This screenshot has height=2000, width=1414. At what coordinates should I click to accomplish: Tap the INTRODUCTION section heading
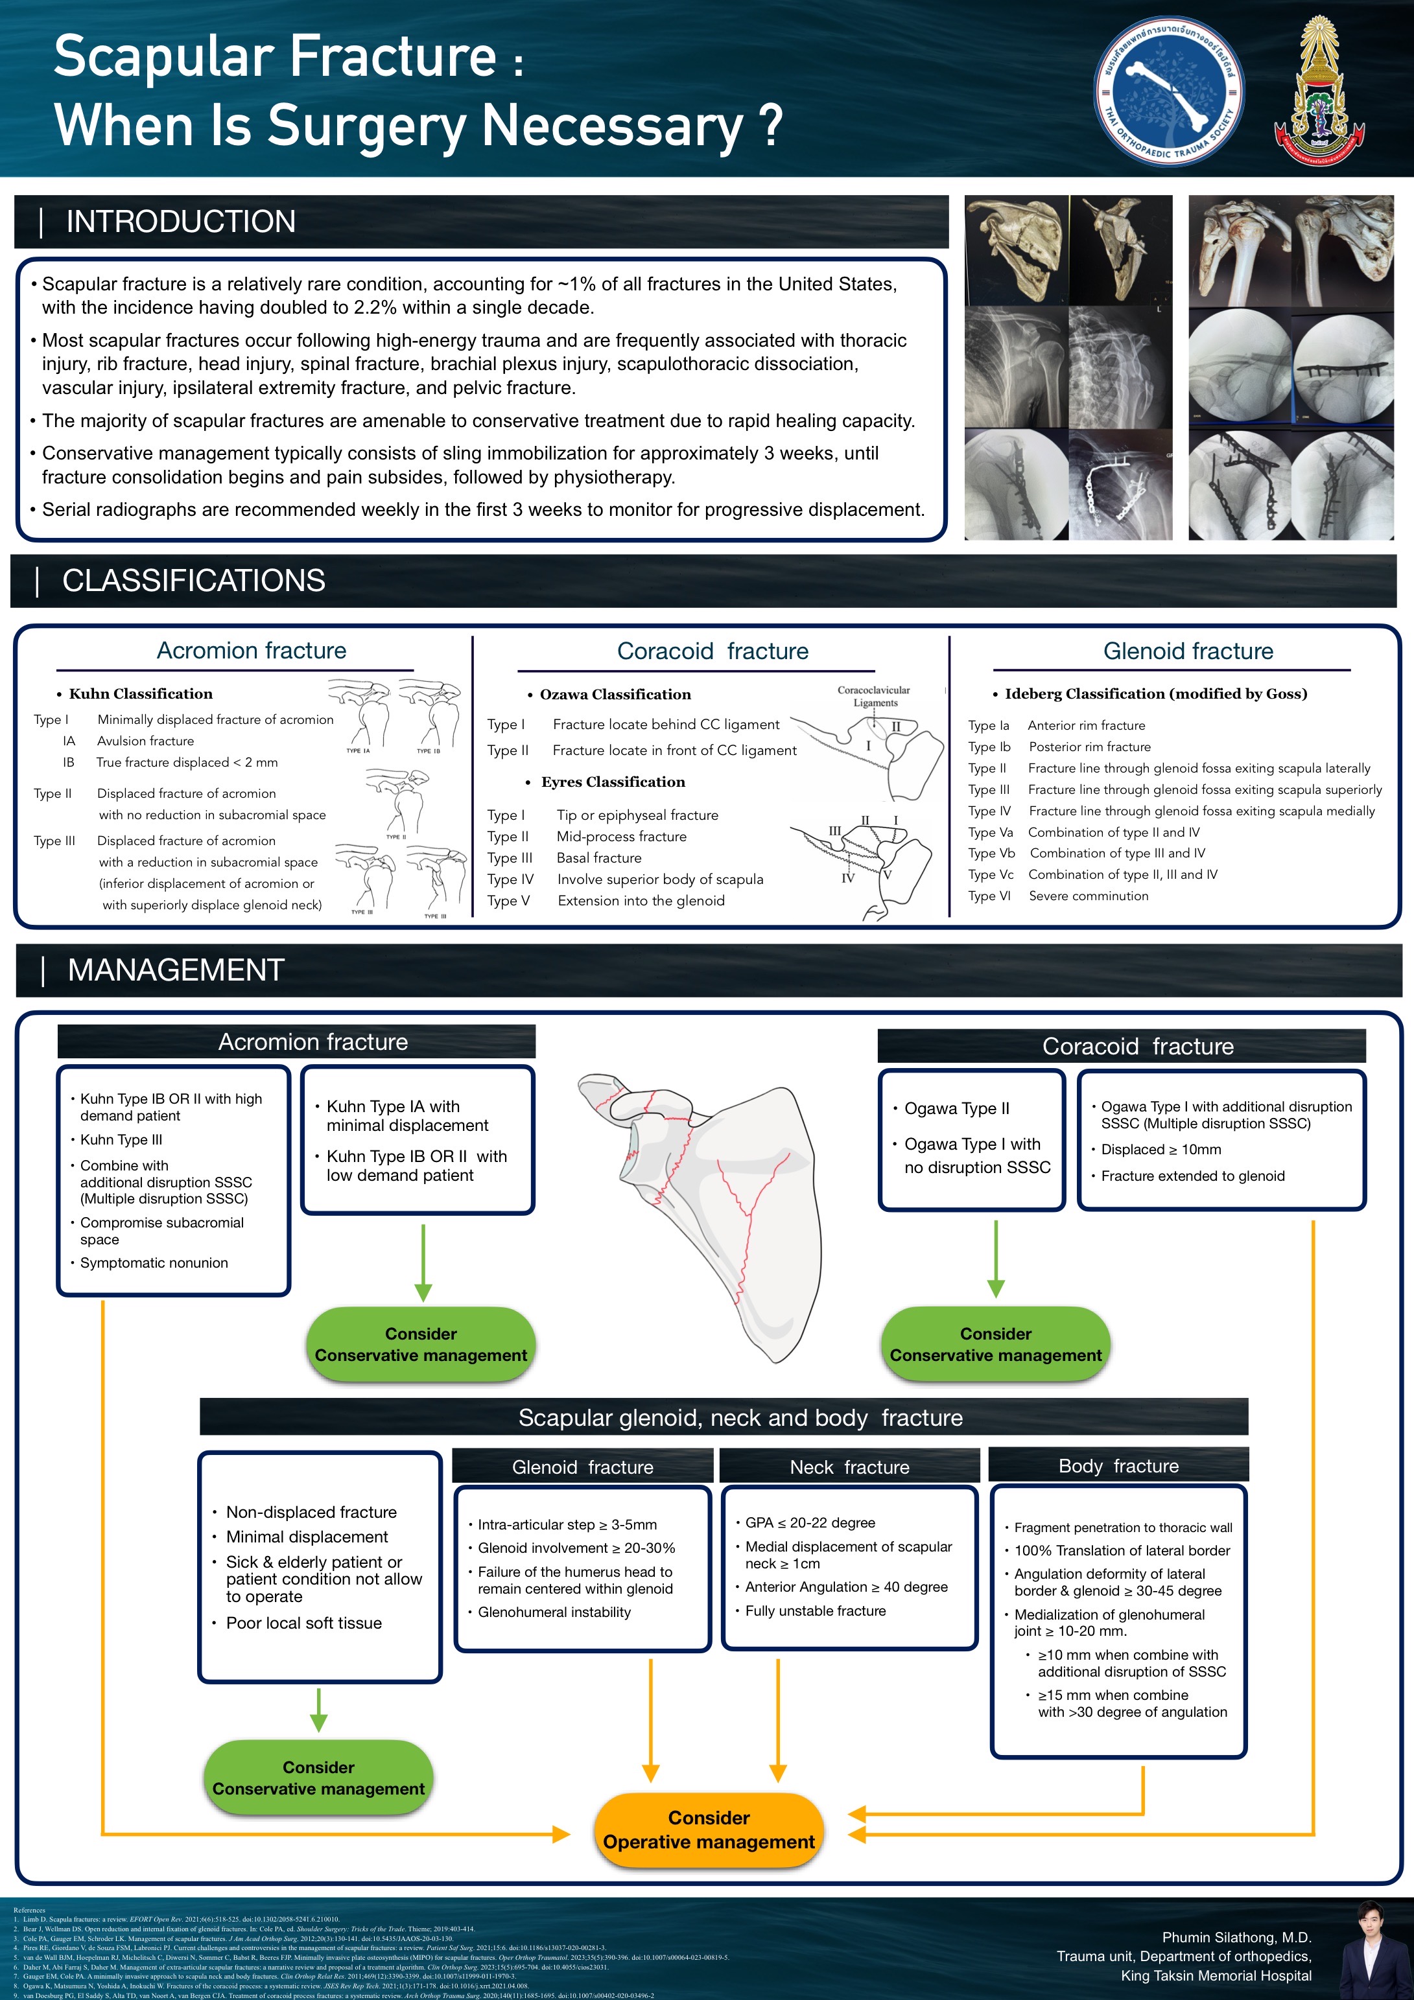coord(180,222)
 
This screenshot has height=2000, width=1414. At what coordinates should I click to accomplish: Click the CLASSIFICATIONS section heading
coord(193,581)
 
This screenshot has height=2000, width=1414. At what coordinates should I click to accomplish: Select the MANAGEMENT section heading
coord(176,970)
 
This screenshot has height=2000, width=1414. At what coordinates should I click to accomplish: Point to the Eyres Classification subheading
coord(613,782)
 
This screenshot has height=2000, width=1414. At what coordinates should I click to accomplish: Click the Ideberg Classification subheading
coord(1155,693)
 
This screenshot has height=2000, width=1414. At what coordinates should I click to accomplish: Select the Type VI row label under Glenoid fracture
coord(989,896)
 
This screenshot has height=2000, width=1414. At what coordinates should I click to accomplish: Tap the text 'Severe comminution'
coord(1088,896)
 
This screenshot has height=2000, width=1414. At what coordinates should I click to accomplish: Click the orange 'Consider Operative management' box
coord(709,1830)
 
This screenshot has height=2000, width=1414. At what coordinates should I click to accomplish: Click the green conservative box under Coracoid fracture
coord(995,1344)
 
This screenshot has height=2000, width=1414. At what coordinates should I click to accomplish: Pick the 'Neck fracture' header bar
coord(849,1467)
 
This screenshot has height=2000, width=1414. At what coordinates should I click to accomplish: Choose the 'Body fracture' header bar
coord(1118,1466)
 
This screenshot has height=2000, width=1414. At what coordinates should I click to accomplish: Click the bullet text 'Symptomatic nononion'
coord(154,1263)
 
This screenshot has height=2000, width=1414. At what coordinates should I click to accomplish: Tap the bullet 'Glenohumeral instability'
coord(554,1612)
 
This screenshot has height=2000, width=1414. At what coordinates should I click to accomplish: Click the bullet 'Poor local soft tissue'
coord(303,1623)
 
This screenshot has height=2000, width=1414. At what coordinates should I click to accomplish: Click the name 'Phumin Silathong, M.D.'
coord(1236,1937)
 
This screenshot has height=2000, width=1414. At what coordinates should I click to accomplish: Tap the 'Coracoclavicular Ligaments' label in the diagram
coord(874,696)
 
